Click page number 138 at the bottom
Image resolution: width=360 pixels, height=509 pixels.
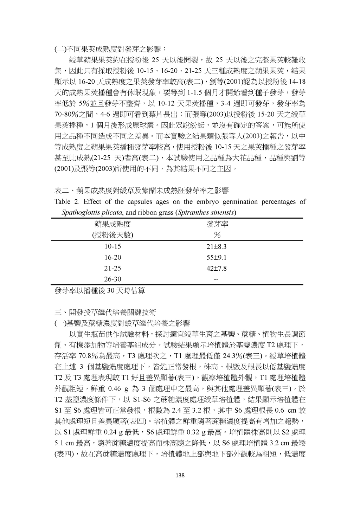point(180,476)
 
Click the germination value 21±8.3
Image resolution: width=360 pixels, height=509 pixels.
point(217,247)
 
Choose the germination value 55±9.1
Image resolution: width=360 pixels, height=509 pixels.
point(217,258)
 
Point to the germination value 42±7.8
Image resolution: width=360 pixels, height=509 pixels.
point(217,269)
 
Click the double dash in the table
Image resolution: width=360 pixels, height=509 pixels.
point(217,279)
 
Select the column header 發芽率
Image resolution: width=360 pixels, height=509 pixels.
point(217,225)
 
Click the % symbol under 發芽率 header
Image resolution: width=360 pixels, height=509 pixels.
point(217,235)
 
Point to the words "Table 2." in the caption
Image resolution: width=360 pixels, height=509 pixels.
point(67,202)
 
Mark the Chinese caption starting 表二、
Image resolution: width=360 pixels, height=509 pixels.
point(141,191)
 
